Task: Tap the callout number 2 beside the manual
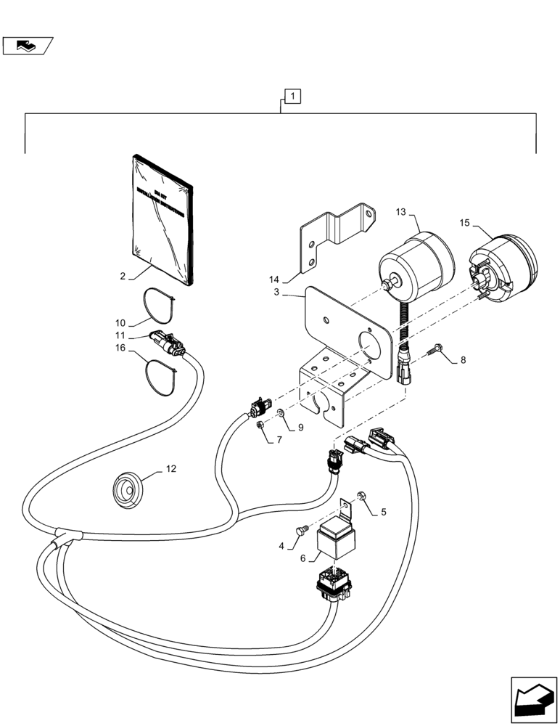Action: pos(123,276)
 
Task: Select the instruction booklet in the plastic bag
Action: pos(164,218)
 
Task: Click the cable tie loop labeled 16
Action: pos(160,375)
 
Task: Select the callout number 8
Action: pos(461,359)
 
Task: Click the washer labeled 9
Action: pos(280,414)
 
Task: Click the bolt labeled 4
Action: pos(297,532)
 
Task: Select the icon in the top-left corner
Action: pos(27,46)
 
